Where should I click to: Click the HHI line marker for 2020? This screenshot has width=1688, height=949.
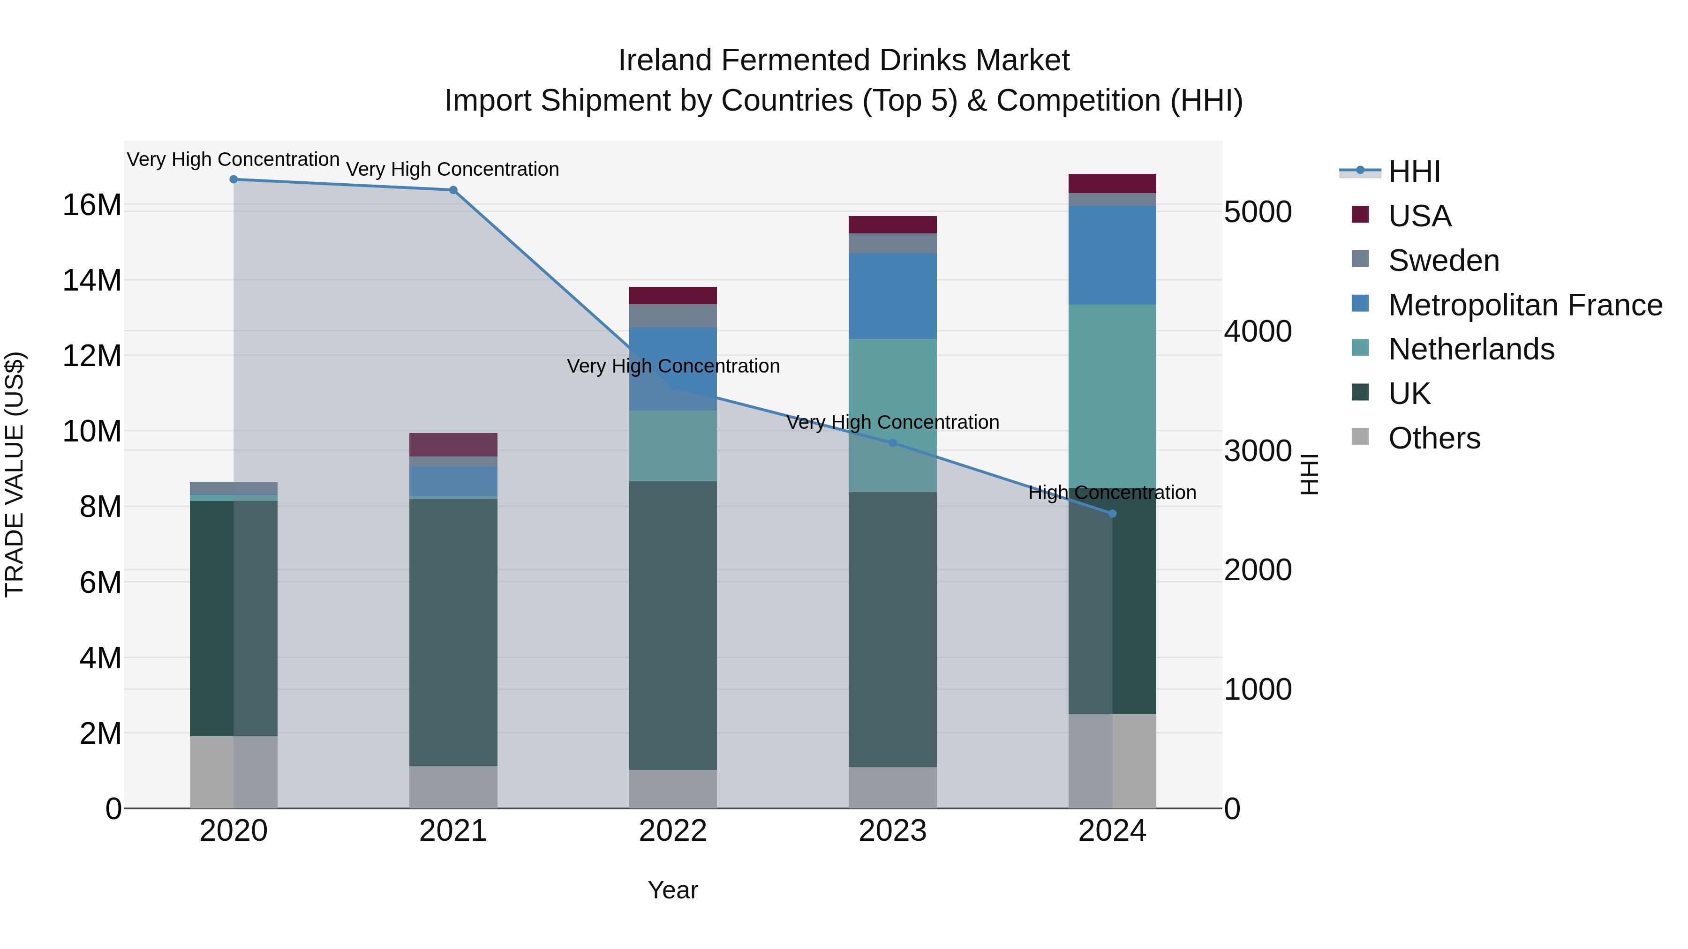pyautogui.click(x=234, y=179)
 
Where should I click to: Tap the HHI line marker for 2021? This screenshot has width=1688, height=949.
pyautogui.click(x=453, y=190)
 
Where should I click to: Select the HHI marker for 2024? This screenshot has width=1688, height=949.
pyautogui.click(x=1112, y=514)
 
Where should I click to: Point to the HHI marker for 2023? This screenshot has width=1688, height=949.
pyautogui.click(x=892, y=443)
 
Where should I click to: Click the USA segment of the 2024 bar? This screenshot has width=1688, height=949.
pyautogui.click(x=1112, y=183)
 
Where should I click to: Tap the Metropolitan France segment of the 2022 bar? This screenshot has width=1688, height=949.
pyautogui.click(x=673, y=369)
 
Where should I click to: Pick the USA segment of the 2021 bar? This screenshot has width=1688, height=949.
pyautogui.click(x=453, y=445)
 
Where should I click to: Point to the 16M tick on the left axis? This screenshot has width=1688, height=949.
pyautogui.click(x=92, y=205)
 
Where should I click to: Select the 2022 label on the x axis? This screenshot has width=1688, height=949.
pyautogui.click(x=673, y=831)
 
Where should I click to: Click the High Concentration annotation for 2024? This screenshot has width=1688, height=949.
pyautogui.click(x=1112, y=493)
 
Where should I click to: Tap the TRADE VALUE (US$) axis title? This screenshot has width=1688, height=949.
pyautogui.click(x=15, y=474)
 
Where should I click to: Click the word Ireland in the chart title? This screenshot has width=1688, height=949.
pyautogui.click(x=664, y=60)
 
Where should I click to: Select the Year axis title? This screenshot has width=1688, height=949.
pyautogui.click(x=673, y=890)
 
